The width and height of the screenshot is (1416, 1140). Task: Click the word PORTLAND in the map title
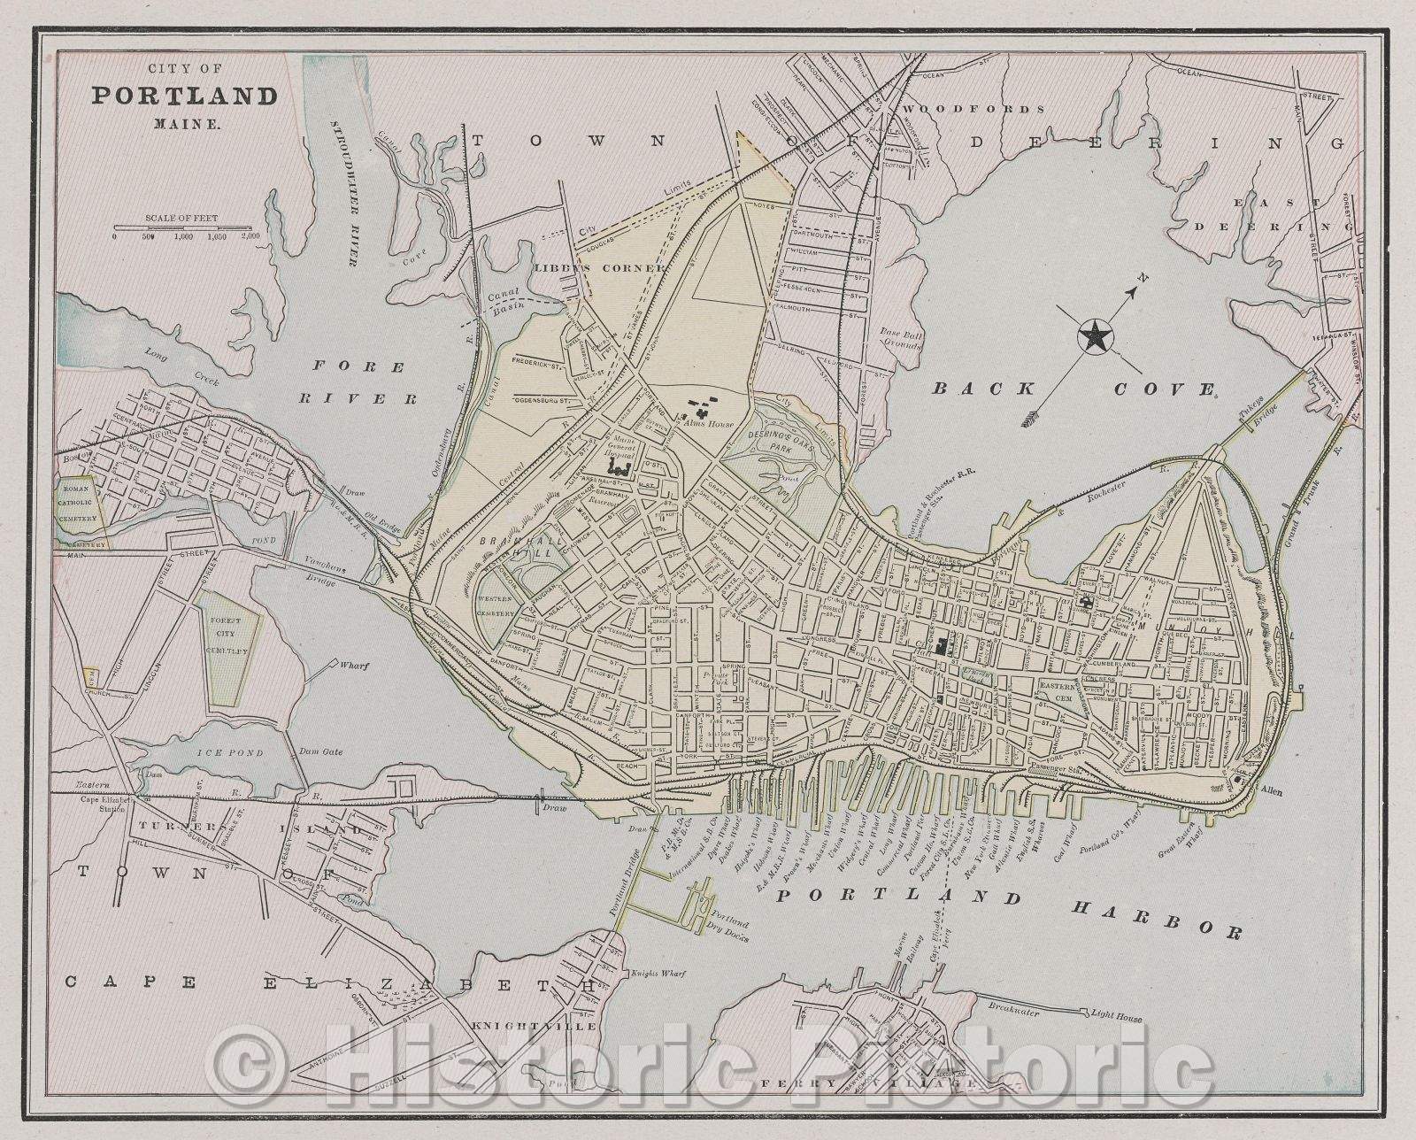[x=185, y=96]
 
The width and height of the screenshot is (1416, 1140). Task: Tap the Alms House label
[x=710, y=424]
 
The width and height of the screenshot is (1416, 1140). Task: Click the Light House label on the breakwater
[x=1116, y=1019]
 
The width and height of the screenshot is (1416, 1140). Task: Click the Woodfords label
[x=973, y=109]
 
